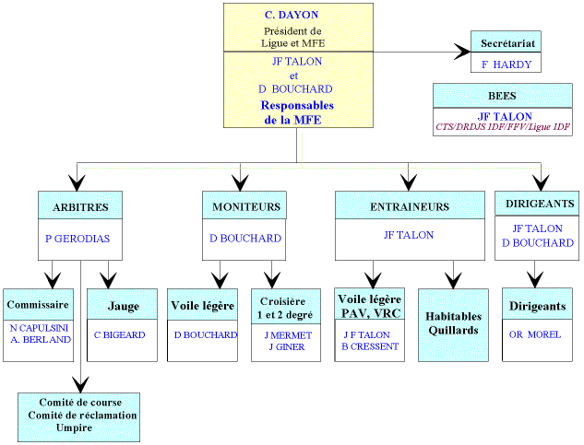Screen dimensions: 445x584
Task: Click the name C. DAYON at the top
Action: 297,16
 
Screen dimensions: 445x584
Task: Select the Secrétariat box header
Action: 505,43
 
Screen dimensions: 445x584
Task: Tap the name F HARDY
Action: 505,64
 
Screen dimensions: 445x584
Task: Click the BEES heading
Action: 502,96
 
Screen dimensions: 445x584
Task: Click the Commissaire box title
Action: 38,305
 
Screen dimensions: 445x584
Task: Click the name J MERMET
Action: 287,335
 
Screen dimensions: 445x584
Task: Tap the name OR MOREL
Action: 535,334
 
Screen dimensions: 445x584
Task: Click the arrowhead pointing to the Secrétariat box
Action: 462,53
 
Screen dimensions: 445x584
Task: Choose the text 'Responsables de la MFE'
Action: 297,112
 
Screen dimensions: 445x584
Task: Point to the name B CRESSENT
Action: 370,346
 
